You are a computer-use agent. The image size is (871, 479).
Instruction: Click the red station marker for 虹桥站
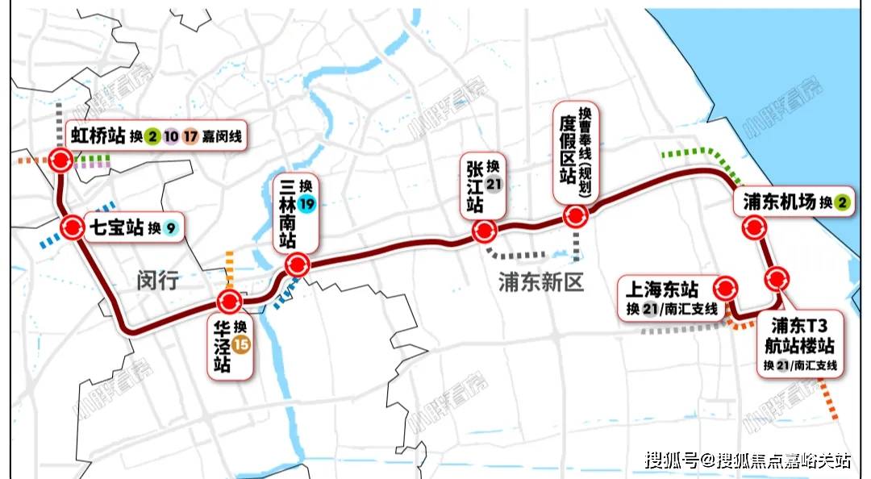(x=60, y=160)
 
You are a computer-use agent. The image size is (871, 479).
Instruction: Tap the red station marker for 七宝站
(x=72, y=228)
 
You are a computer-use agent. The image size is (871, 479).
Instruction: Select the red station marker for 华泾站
(x=229, y=302)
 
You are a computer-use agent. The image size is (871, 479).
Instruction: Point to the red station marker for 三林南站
(x=298, y=264)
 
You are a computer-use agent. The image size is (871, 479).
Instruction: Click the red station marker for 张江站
(x=483, y=231)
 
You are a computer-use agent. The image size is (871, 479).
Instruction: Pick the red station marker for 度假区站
(x=575, y=215)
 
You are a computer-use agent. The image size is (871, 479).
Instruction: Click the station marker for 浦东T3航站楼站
(x=777, y=279)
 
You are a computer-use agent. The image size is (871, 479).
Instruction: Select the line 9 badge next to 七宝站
(x=170, y=228)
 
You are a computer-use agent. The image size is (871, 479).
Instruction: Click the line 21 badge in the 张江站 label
(x=494, y=182)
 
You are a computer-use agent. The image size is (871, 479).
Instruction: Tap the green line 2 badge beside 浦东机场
(x=841, y=203)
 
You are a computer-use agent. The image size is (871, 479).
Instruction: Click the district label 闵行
(x=156, y=281)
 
